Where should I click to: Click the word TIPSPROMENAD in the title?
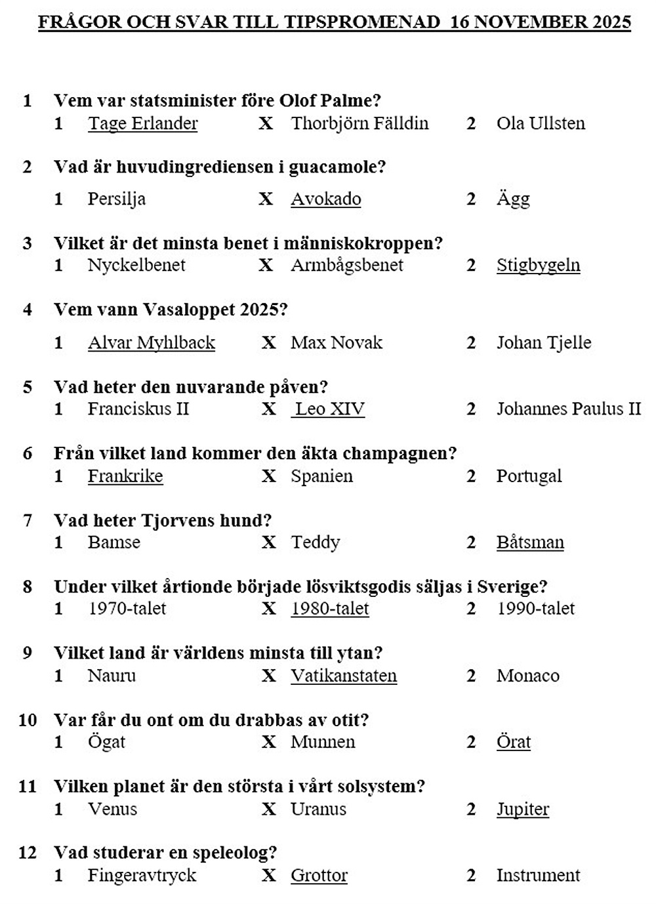coord(362,22)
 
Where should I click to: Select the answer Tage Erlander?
coord(143,123)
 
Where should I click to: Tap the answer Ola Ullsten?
coord(541,123)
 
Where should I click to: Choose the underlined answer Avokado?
coord(326,199)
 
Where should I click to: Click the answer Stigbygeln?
coord(538,265)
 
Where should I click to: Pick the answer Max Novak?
coord(337,342)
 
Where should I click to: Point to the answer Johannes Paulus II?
coord(568,409)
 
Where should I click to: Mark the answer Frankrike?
coord(125,476)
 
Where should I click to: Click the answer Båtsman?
coord(530,543)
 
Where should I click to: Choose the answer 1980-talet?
coord(330,609)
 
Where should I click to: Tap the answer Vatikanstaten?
coord(344,676)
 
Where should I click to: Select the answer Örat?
coord(514,742)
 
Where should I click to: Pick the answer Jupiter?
coord(523,809)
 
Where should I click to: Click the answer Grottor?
coord(319,875)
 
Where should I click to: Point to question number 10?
coord(28,720)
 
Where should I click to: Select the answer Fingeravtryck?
coord(142,875)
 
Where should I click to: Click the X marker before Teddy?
coord(269,543)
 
